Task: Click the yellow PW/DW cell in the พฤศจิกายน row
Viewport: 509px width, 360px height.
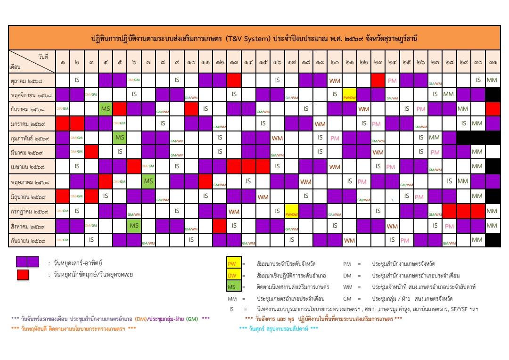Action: (x=349, y=94)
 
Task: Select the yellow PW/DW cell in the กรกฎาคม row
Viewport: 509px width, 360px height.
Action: (x=291, y=212)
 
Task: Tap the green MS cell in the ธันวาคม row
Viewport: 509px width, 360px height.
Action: (x=106, y=109)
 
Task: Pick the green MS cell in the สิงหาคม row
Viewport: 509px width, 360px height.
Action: (x=134, y=226)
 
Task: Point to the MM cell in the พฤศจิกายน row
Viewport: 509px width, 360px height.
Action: (x=448, y=94)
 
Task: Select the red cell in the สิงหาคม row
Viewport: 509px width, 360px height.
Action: (x=220, y=226)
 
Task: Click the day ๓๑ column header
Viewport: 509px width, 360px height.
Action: (x=493, y=62)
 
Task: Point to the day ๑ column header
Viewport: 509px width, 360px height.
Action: (x=63, y=62)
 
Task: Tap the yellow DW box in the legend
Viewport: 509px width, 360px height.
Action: (x=234, y=275)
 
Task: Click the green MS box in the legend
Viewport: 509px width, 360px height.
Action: (x=234, y=286)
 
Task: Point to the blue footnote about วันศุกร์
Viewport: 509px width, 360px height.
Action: (x=279, y=328)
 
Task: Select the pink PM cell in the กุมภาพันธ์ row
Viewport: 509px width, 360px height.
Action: (x=335, y=138)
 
